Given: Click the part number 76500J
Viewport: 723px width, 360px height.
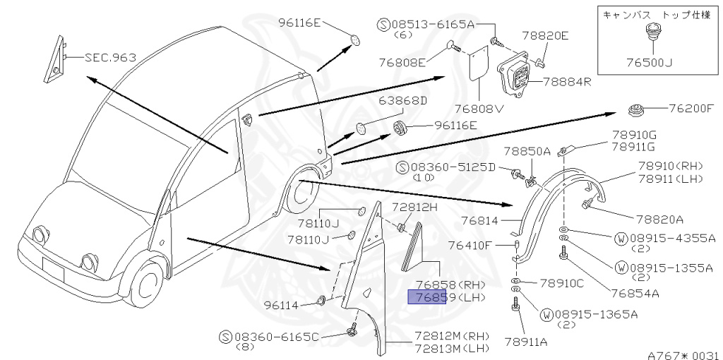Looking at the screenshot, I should [647, 62].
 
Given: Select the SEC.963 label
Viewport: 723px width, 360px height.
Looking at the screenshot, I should [110, 57].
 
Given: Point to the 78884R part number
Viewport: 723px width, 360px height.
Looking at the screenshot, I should [566, 82].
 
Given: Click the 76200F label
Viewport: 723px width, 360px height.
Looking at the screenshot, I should [691, 109].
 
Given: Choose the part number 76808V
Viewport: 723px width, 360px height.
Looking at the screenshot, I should [479, 109].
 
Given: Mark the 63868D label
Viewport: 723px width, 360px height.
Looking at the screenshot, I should [403, 100].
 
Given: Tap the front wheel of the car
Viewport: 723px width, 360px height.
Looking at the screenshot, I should [147, 282].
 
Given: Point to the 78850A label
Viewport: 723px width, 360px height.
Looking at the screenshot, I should [527, 150].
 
